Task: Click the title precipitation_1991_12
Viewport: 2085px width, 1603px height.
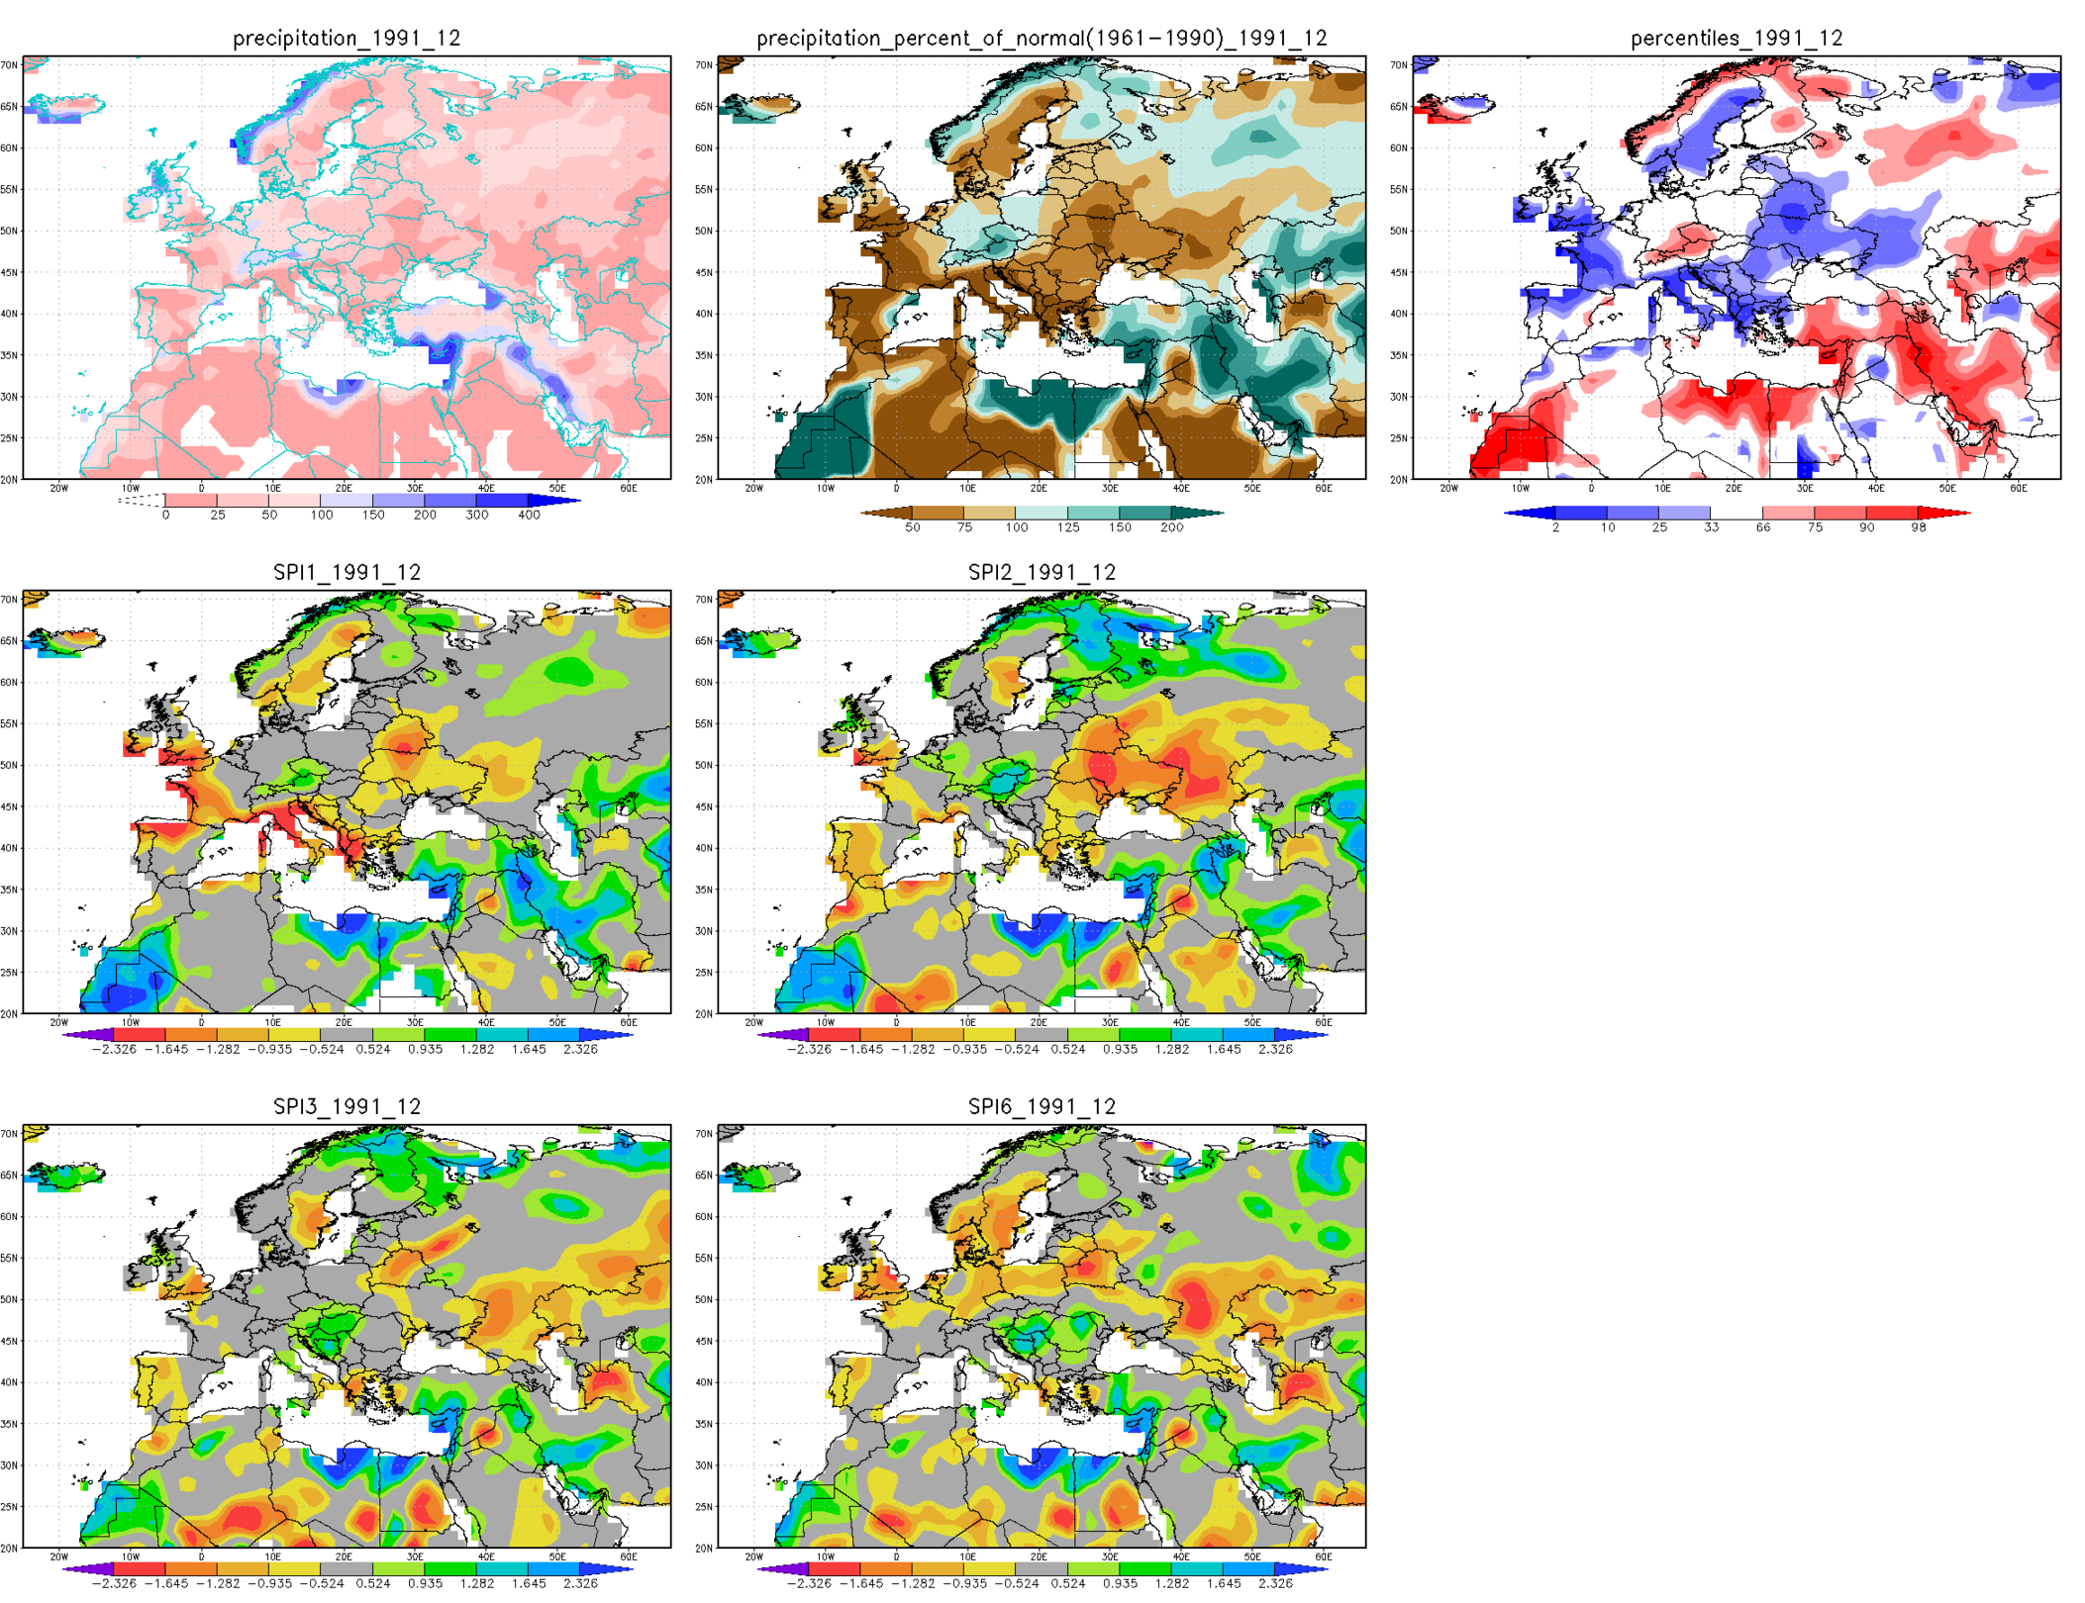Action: pyautogui.click(x=347, y=38)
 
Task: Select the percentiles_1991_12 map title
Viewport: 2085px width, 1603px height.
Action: pyautogui.click(x=1736, y=38)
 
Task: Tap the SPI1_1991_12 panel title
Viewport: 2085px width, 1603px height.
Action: pyautogui.click(x=347, y=572)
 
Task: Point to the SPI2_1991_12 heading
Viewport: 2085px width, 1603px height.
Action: pyautogui.click(x=1042, y=572)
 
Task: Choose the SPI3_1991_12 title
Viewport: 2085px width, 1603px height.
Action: pyautogui.click(x=347, y=1106)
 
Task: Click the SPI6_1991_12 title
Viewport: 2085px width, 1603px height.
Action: pyautogui.click(x=1042, y=1106)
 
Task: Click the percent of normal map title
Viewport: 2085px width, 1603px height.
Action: pyautogui.click(x=1042, y=38)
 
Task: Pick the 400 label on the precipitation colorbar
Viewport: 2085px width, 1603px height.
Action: pyautogui.click(x=529, y=515)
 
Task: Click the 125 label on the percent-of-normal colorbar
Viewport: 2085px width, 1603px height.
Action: pyautogui.click(x=1067, y=527)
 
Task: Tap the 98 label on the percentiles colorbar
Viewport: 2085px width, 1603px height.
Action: pyautogui.click(x=1918, y=527)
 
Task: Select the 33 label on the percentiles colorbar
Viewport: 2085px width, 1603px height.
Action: pyautogui.click(x=1711, y=527)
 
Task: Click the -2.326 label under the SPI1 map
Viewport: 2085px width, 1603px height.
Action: pyautogui.click(x=114, y=1049)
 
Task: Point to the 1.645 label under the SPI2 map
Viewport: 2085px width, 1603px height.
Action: pyautogui.click(x=1224, y=1049)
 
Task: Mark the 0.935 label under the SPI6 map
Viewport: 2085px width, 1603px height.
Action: pyautogui.click(x=1120, y=1583)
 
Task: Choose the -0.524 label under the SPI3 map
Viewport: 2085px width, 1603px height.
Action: pyautogui.click(x=322, y=1583)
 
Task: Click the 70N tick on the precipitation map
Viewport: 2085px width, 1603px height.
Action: pyautogui.click(x=9, y=65)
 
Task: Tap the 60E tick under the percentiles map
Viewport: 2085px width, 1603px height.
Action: pyautogui.click(x=2018, y=488)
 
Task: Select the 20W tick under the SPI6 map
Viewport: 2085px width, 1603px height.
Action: pyautogui.click(x=753, y=1556)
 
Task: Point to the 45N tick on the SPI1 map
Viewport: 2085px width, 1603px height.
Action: pyautogui.click(x=9, y=806)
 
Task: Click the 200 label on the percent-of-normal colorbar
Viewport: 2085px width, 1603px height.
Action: pyautogui.click(x=1171, y=527)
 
